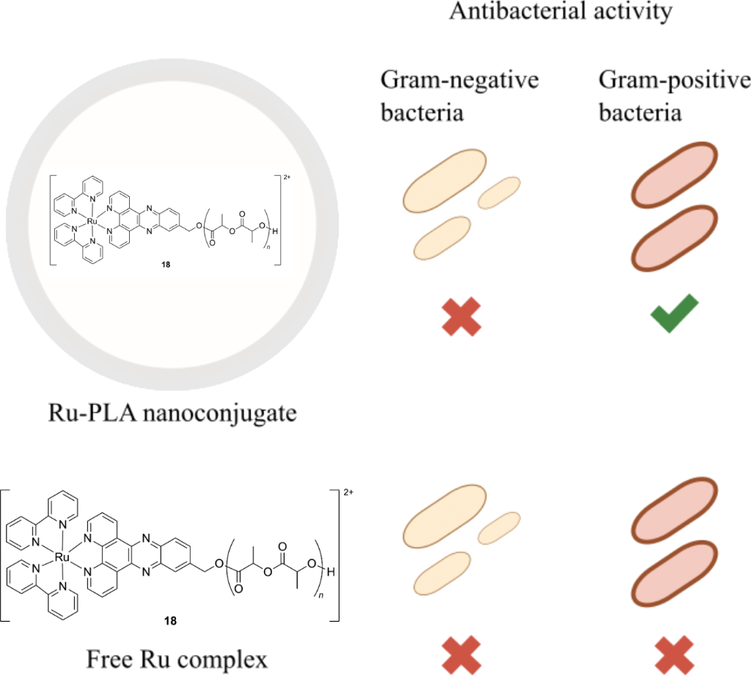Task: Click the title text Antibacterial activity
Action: [x=560, y=11]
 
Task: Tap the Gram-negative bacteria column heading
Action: [x=460, y=96]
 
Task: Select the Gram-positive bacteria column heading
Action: [x=675, y=96]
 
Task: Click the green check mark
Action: [x=675, y=314]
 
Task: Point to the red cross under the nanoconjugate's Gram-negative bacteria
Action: [x=461, y=317]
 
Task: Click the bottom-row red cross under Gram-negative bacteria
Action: [x=461, y=655]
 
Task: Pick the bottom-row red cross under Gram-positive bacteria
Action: [x=675, y=655]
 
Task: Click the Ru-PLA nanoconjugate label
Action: [x=172, y=414]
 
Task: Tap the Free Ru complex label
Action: [x=177, y=659]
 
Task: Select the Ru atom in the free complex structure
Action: [x=62, y=557]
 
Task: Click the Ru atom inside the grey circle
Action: [x=92, y=222]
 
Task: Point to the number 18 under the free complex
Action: [x=170, y=621]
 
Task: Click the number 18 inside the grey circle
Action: [x=166, y=264]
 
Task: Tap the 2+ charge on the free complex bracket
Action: [x=348, y=492]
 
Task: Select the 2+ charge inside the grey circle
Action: [x=287, y=177]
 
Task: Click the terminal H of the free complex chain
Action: [x=331, y=572]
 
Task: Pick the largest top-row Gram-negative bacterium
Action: [x=444, y=180]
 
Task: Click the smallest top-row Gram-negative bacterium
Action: [x=499, y=192]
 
